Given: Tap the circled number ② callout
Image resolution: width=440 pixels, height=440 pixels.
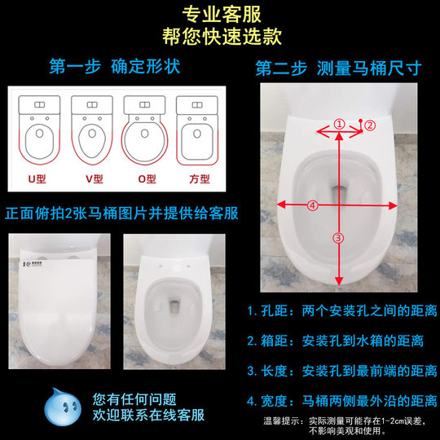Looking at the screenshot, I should (369, 125).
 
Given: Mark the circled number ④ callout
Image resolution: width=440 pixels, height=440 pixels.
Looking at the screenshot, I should (310, 206).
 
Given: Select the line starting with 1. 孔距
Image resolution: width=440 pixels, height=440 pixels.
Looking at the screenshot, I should (341, 310).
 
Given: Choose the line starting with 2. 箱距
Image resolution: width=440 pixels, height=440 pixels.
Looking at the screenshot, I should (341, 341).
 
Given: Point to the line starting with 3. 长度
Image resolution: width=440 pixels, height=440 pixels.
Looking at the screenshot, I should (341, 371).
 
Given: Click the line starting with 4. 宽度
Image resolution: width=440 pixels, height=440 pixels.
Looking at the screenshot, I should (341, 401).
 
